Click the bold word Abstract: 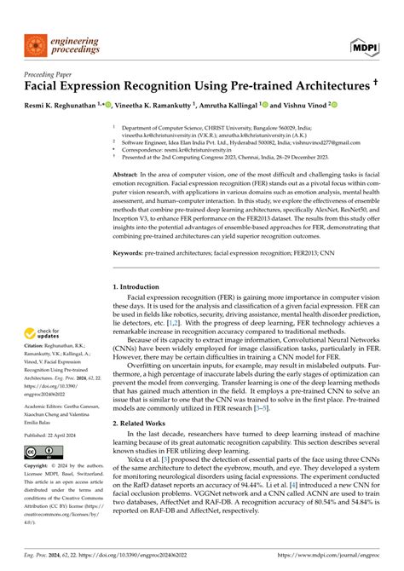click(130, 173)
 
